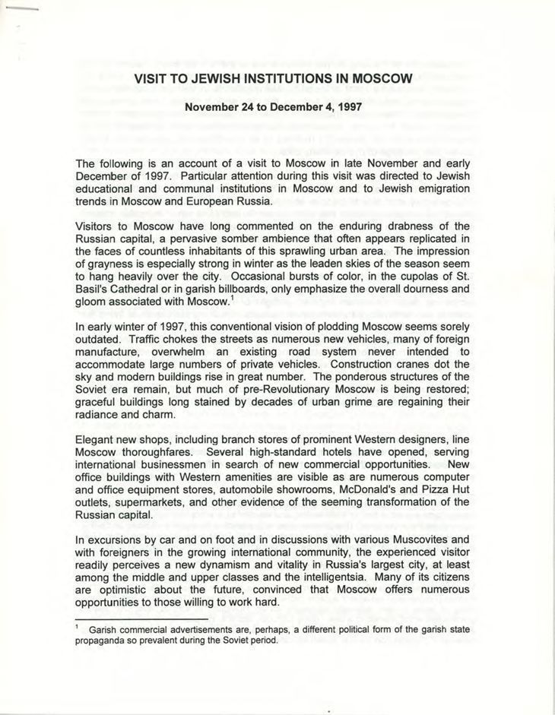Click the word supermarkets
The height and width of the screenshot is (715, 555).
(x=150, y=501)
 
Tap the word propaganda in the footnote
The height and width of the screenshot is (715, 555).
(x=104, y=640)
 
